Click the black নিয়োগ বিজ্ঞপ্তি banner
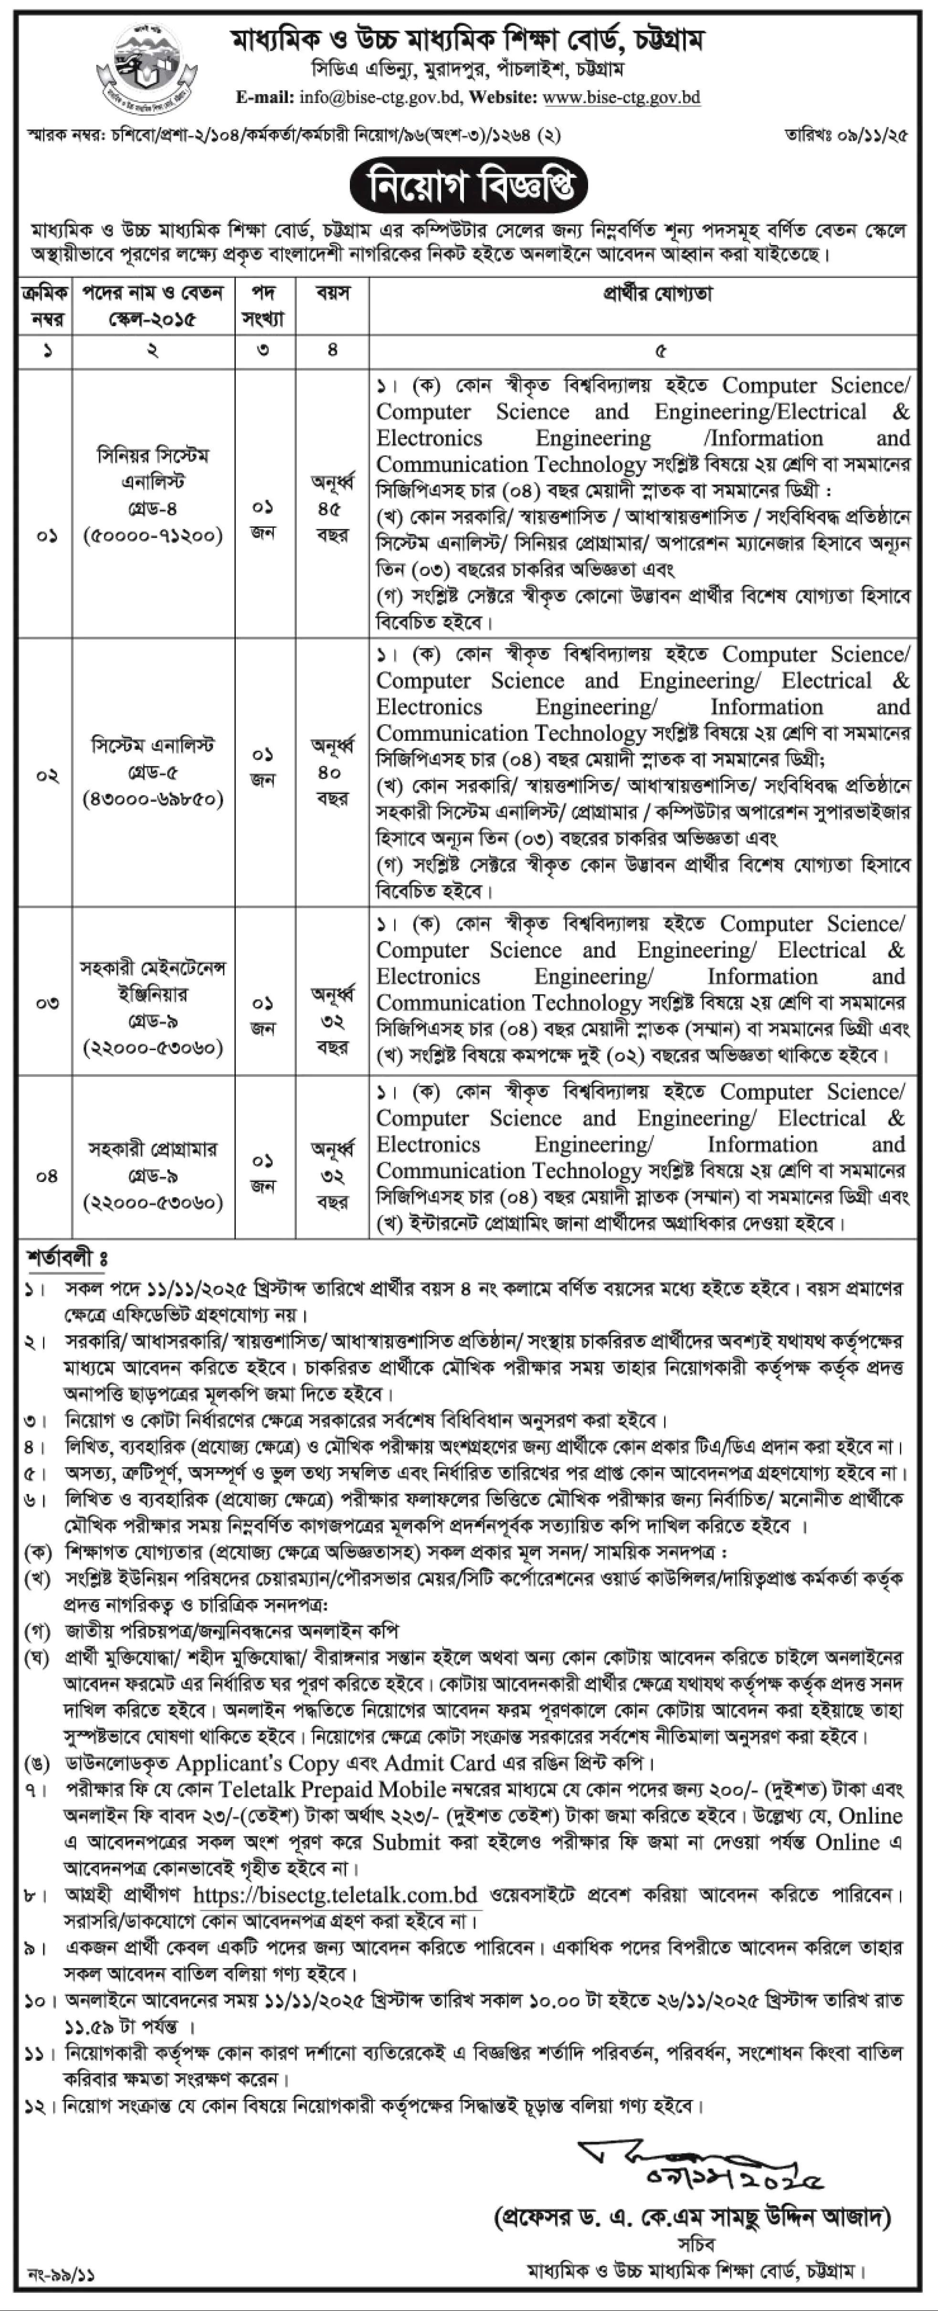click(468, 185)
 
